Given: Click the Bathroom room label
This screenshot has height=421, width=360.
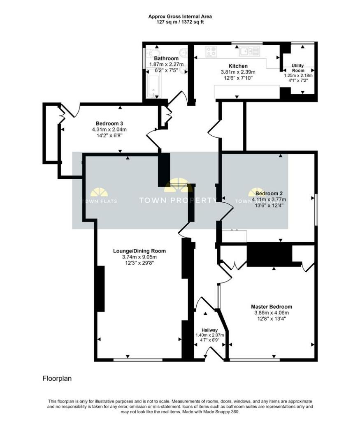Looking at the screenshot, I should [x=166, y=58].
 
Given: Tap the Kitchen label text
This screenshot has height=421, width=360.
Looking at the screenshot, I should [x=238, y=66].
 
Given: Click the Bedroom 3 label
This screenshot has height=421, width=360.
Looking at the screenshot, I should [x=109, y=123].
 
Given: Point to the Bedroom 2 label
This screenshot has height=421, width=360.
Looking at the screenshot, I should [x=269, y=193].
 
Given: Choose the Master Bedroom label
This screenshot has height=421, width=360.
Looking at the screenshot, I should [x=272, y=307].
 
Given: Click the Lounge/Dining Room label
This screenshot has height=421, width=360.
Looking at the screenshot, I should [x=139, y=251].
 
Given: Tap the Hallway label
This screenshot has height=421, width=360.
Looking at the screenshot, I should [x=209, y=330].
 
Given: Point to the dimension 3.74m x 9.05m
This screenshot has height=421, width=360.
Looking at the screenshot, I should [x=139, y=257].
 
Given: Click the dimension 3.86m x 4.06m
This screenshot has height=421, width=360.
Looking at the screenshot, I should [x=272, y=312].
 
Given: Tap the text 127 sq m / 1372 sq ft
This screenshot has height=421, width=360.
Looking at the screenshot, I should [x=180, y=22].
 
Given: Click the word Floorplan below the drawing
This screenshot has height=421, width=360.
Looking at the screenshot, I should [x=57, y=378].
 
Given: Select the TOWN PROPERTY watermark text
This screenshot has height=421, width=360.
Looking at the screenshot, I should [x=178, y=201].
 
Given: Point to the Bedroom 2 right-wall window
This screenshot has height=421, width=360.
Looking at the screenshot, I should [x=316, y=209].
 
